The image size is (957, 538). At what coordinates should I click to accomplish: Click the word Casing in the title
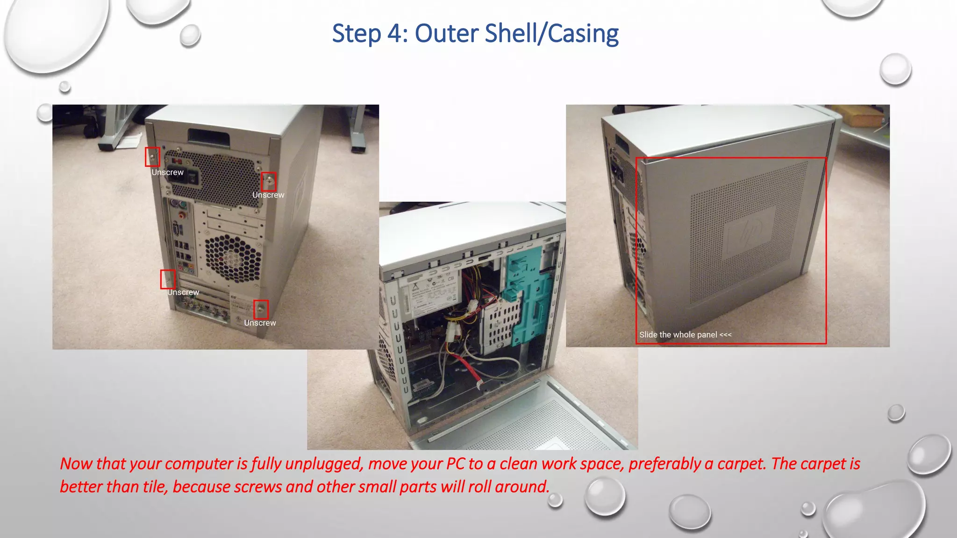click(583, 34)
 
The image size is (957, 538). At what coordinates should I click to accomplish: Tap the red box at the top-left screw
click(152, 157)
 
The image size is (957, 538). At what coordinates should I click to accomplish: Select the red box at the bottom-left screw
click(168, 279)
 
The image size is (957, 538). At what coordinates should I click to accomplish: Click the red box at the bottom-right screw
click(261, 309)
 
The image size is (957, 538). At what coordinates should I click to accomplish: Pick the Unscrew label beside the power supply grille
click(268, 195)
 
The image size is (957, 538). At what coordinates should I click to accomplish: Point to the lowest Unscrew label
click(260, 323)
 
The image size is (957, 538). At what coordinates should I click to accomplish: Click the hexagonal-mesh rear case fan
click(232, 258)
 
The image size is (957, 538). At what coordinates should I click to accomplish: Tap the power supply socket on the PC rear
click(192, 177)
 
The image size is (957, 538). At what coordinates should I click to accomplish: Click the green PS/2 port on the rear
click(182, 205)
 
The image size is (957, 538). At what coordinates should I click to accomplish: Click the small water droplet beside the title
click(190, 35)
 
